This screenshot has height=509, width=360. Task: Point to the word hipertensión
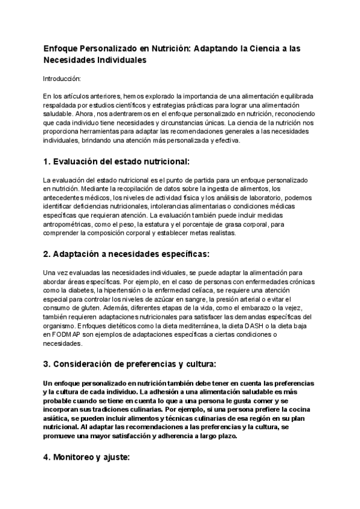click(120, 290)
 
